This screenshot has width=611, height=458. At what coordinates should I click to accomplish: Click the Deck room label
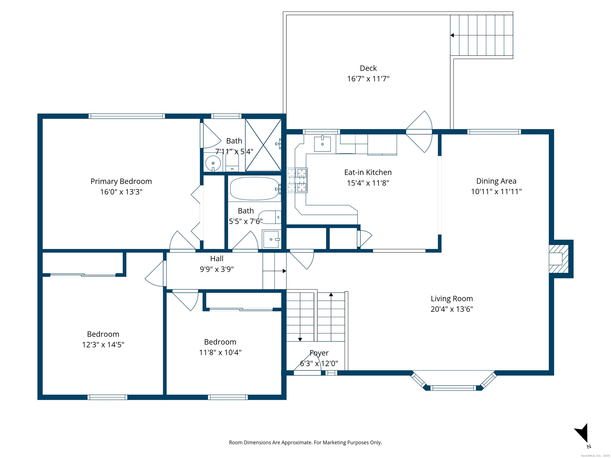coord(368,68)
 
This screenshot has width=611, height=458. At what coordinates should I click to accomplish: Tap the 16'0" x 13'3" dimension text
coord(121,192)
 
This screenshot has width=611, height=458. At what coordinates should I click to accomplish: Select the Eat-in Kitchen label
coord(368,172)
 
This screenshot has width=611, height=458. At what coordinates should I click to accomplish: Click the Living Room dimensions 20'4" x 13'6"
coord(452,309)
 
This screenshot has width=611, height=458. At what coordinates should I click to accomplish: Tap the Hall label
coord(217,259)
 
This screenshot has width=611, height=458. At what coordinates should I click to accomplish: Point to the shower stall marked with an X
coord(263,145)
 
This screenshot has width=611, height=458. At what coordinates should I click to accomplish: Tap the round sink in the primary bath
coord(213,163)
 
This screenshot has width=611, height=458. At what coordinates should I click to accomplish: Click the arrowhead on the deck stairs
coord(452,35)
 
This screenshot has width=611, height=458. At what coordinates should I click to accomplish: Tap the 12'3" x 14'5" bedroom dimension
coord(103,345)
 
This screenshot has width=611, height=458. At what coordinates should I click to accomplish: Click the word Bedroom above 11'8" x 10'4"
coord(220,342)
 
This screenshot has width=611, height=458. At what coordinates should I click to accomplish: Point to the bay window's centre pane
coord(453,388)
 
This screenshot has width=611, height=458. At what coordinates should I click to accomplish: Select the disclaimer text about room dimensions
coord(305,442)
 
